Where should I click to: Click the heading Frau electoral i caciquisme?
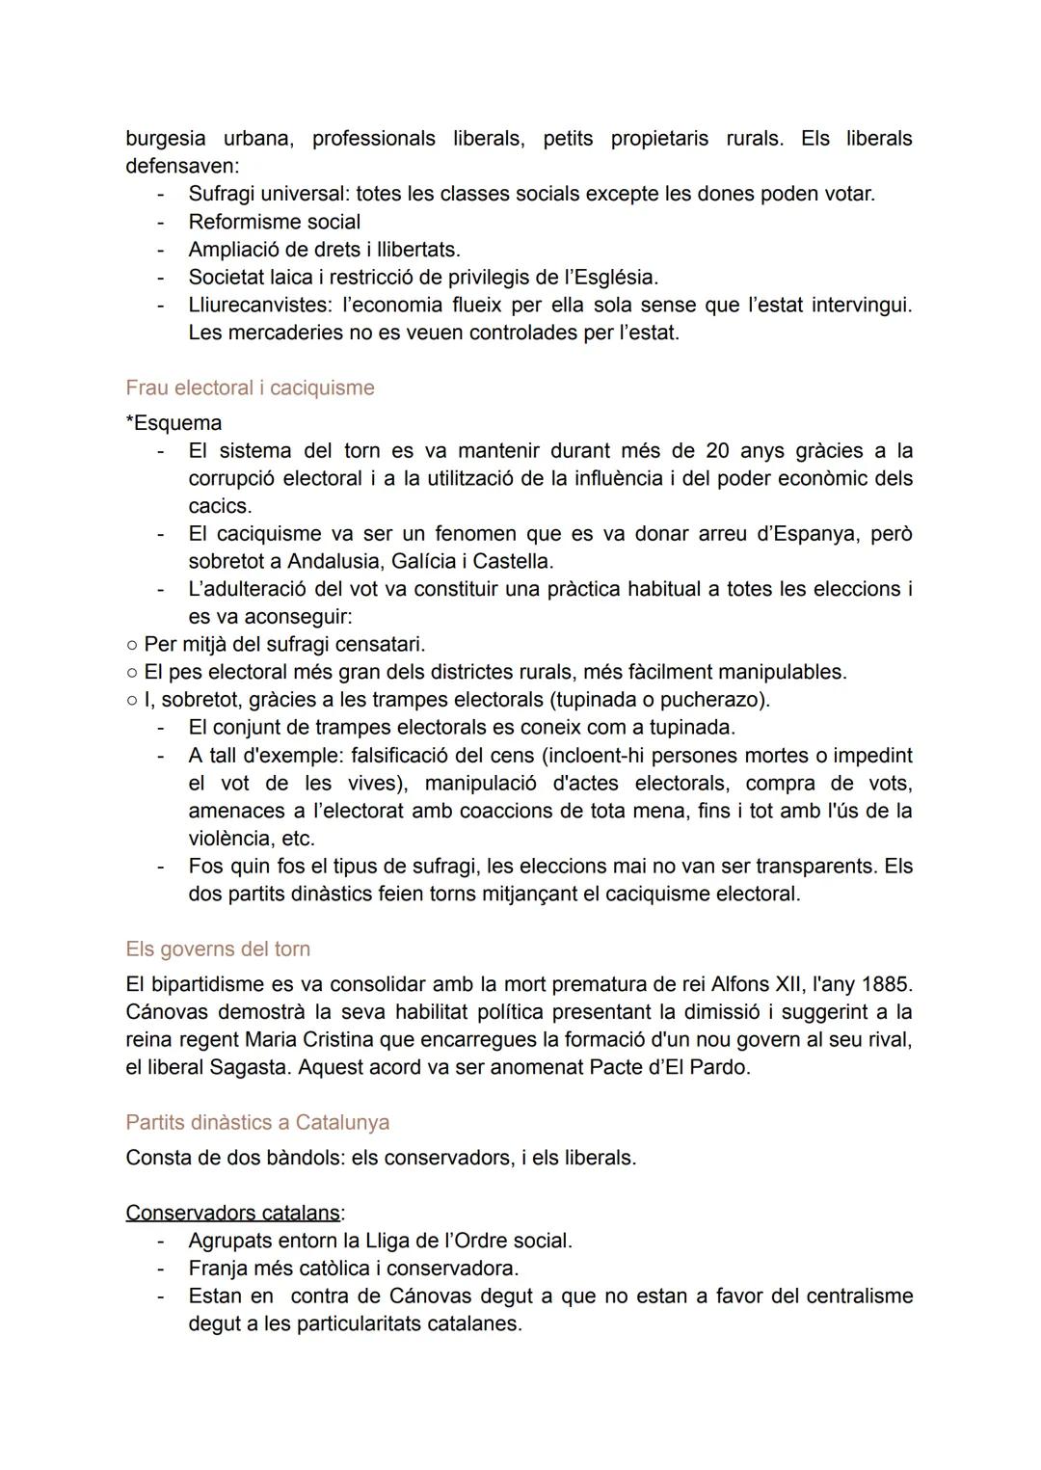[x=250, y=388]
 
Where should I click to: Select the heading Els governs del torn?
[x=218, y=949]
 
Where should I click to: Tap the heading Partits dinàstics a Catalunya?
[x=257, y=1122]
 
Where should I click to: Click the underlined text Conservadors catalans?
[x=232, y=1213]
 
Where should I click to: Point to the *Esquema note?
[x=173, y=423]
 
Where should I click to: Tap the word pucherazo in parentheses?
[x=713, y=699]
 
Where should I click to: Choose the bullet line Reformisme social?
[x=274, y=222]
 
